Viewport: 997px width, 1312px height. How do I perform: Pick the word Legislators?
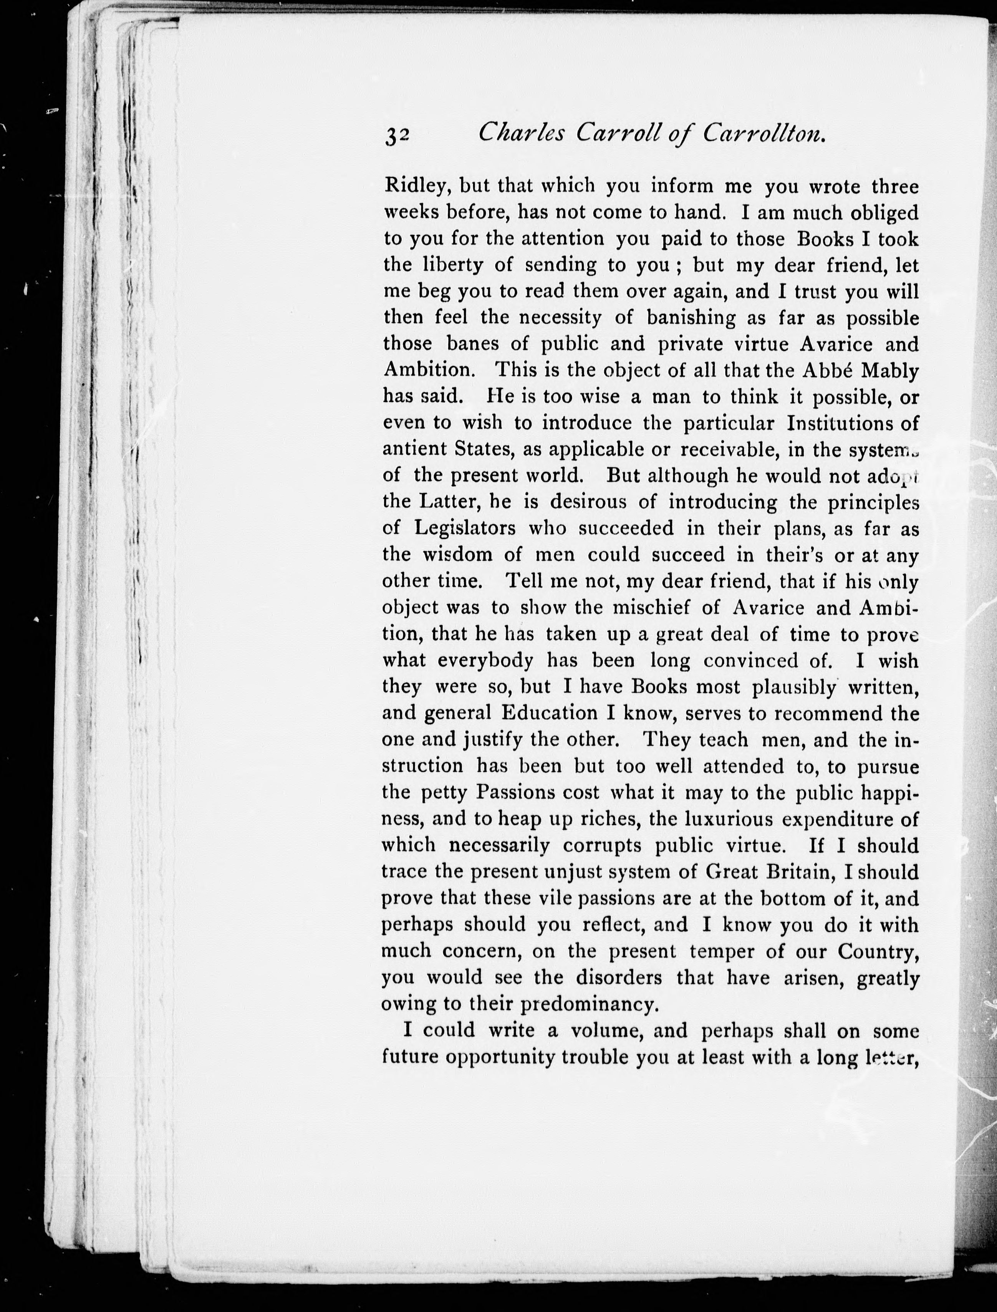point(465,528)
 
